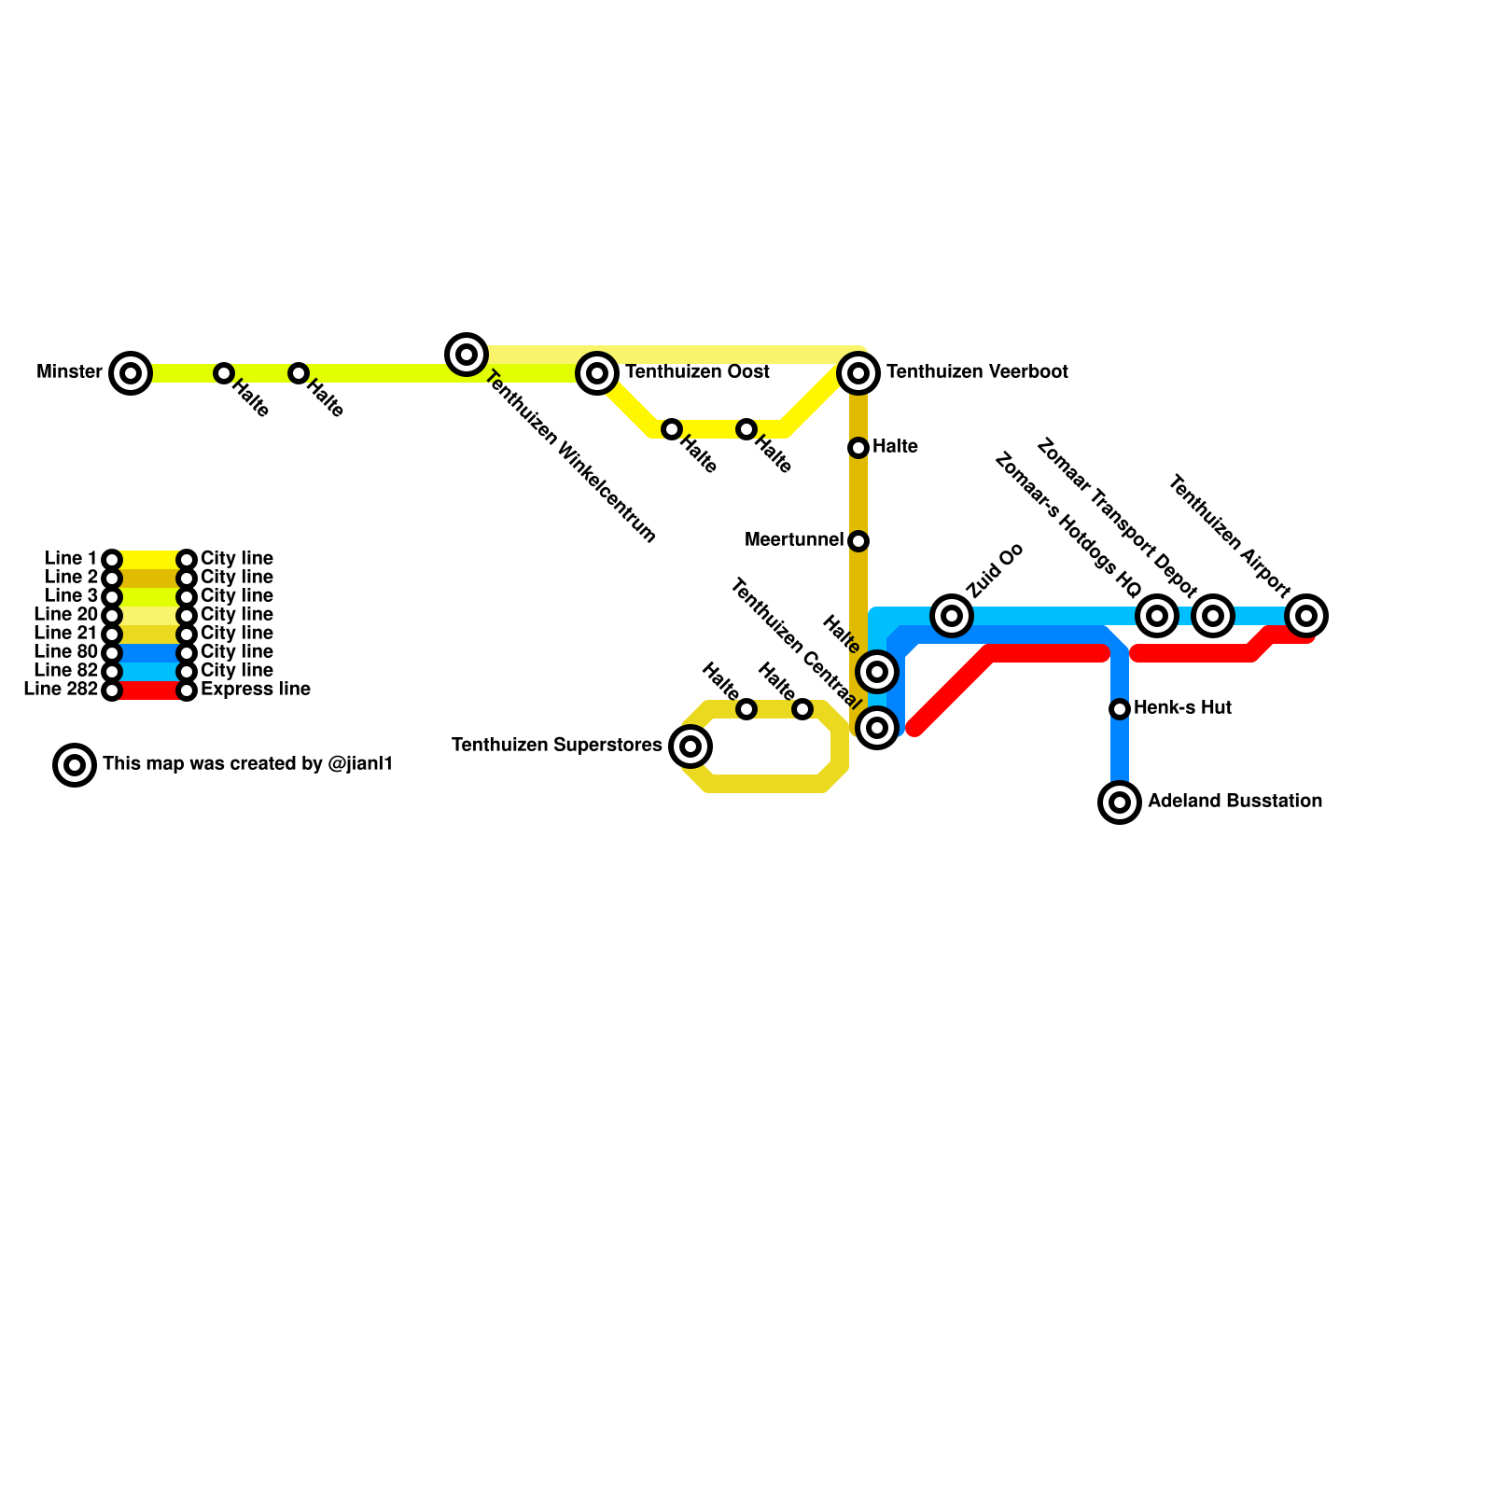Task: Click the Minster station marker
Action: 131,373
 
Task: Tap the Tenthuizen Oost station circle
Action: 597,373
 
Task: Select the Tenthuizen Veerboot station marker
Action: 858,373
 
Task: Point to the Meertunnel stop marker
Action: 858,541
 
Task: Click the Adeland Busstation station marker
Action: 1120,802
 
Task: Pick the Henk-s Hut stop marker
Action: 1120,709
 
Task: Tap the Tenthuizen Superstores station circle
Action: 691,746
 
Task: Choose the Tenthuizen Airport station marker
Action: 1306,616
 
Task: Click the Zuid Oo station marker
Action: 952,616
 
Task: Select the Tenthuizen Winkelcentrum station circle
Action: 467,355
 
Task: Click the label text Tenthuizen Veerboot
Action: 977,372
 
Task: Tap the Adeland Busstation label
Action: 1235,802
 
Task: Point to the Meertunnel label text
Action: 793,540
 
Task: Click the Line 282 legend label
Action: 61,690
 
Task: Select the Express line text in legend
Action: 255,690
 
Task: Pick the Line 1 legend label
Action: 71,559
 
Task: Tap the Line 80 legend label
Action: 65,652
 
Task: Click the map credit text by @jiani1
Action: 247,764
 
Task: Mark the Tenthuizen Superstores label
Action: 556,746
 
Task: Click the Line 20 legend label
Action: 65,615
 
